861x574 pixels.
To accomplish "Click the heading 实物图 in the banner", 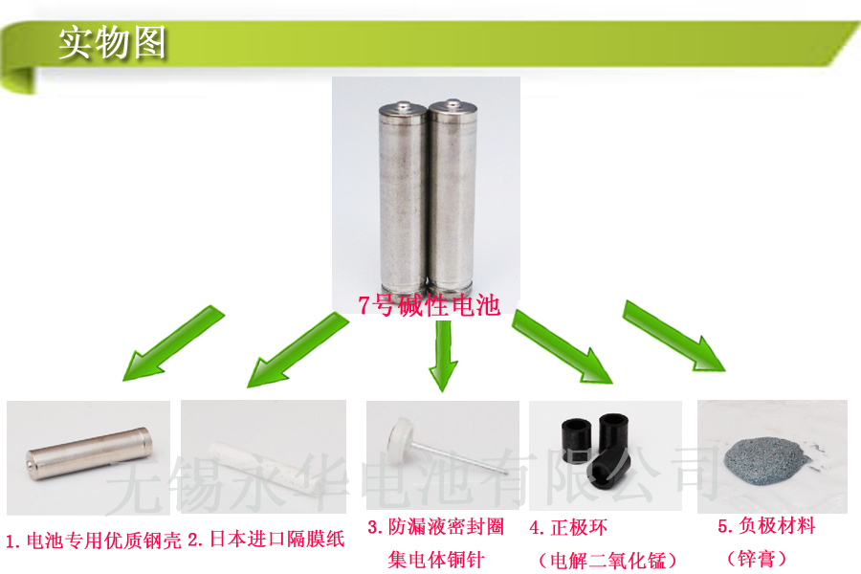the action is (x=112, y=42).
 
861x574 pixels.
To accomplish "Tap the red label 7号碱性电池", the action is (x=429, y=305).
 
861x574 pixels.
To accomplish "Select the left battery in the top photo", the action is (x=403, y=198).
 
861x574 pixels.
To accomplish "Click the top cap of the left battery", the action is (x=404, y=108).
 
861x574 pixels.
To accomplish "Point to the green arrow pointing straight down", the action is (x=443, y=355).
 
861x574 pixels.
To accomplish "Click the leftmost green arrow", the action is (x=172, y=343).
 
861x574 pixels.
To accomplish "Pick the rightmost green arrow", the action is (x=673, y=336).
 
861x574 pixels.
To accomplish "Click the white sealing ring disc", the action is (x=400, y=435).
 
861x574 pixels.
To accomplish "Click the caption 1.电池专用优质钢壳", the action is (x=94, y=541).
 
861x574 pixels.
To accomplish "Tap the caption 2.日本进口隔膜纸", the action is (x=266, y=539).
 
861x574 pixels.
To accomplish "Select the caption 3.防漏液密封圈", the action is (x=436, y=527).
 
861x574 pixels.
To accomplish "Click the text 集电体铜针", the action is (x=436, y=560).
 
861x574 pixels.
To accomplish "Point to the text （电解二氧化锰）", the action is (x=607, y=561).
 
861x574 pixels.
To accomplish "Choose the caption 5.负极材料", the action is (x=766, y=525).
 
